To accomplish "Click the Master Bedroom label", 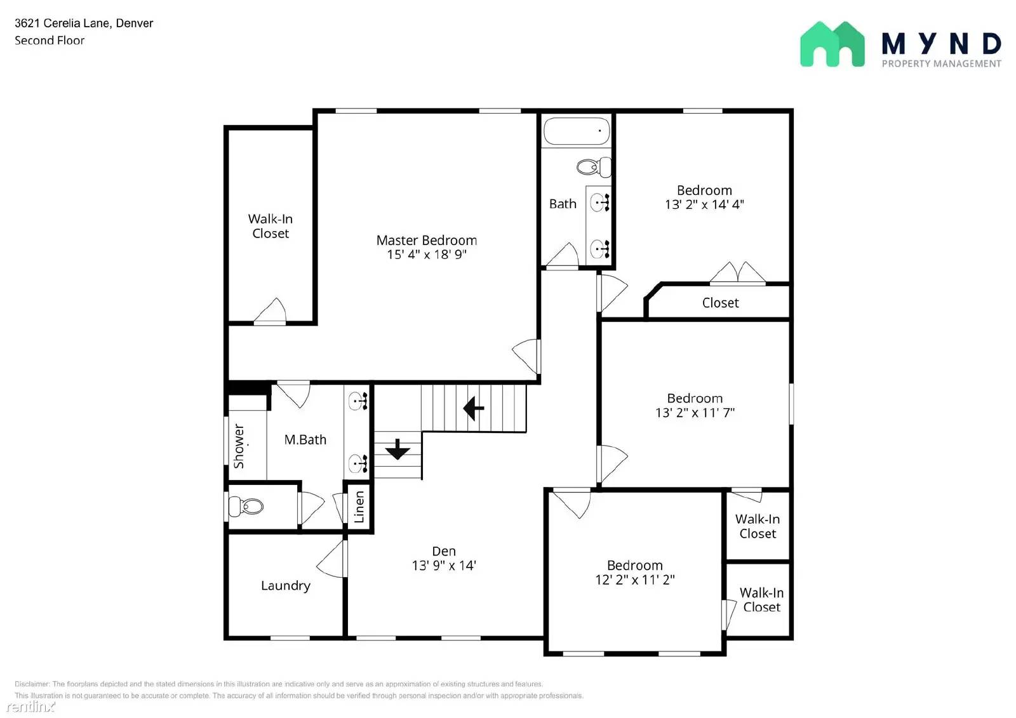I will coord(426,240).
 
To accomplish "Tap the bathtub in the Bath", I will coord(576,131).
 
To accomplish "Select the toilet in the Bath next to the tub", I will coord(593,167).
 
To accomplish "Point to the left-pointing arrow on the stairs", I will coord(474,408).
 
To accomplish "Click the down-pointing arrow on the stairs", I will coord(398,449).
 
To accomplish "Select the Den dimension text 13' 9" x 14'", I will coord(444,566).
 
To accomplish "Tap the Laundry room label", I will coord(285,585).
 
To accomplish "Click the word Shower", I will coord(239,446).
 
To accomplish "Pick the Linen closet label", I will coord(359,507).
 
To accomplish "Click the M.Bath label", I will coord(305,439).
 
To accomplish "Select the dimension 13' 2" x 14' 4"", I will coord(704,204).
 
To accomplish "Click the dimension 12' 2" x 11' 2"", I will coord(634,580).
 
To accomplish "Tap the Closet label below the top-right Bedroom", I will coord(720,303).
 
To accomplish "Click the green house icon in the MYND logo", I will coord(832,44).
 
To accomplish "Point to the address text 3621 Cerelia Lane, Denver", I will coord(84,23).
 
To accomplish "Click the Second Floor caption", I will coord(50,40).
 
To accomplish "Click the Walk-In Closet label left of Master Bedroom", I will coord(271,226).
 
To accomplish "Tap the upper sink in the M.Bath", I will coord(358,401).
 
